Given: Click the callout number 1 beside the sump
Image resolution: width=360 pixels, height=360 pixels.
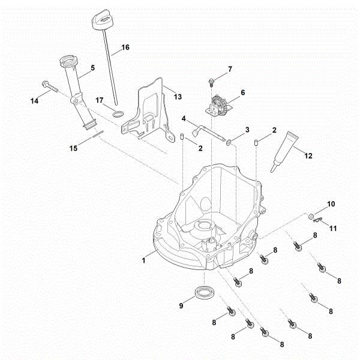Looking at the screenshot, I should click(x=144, y=259).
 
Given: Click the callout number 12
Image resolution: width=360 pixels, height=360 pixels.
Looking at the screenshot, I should click(x=309, y=156).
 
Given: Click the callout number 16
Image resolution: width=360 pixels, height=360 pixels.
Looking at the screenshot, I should click(x=125, y=46).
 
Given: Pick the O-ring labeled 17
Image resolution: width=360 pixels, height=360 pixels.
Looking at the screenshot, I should click(x=119, y=113).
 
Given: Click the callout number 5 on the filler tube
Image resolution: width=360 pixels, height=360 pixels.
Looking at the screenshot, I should click(x=92, y=68).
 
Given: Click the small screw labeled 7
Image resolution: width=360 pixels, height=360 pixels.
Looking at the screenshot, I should click(x=212, y=81).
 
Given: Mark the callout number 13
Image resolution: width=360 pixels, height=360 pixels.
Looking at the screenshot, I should click(x=177, y=96).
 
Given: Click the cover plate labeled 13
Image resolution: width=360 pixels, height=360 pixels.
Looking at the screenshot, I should click(x=147, y=111).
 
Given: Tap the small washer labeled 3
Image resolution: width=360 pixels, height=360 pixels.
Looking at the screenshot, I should click(x=230, y=142).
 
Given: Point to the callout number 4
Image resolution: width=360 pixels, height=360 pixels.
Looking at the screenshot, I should click(x=185, y=118).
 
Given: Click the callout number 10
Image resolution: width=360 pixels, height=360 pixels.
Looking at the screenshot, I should click(x=332, y=205).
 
